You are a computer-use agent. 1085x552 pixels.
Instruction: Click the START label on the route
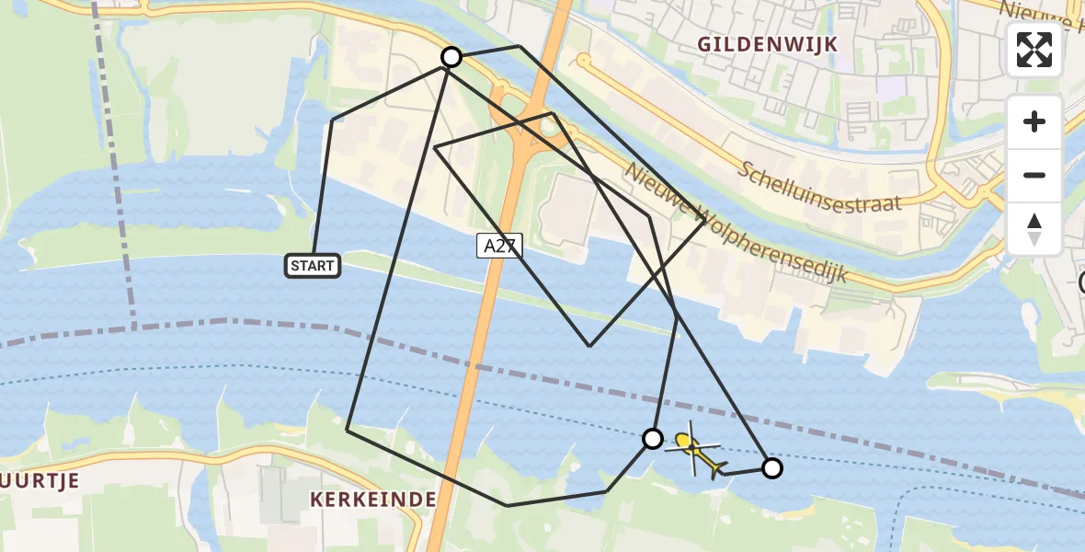[x=313, y=267]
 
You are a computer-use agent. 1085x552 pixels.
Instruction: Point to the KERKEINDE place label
[x=372, y=500]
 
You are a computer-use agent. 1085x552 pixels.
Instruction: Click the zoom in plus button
[x=1034, y=121]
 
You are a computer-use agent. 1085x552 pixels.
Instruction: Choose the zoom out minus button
[x=1034, y=175]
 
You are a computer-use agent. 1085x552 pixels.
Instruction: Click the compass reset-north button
[x=1034, y=229]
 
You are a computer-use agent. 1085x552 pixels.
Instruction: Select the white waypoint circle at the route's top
[x=451, y=57]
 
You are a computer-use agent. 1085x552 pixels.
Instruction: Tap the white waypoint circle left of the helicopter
[x=653, y=439]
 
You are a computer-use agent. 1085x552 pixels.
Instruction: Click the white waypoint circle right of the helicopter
[x=772, y=468]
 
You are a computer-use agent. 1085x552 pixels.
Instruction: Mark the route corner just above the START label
[x=332, y=121]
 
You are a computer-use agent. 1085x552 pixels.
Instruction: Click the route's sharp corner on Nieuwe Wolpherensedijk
[x=705, y=221]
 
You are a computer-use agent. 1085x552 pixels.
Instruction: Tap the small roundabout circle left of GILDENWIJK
[x=583, y=61]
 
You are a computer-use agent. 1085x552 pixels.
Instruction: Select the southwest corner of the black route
[x=347, y=430]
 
